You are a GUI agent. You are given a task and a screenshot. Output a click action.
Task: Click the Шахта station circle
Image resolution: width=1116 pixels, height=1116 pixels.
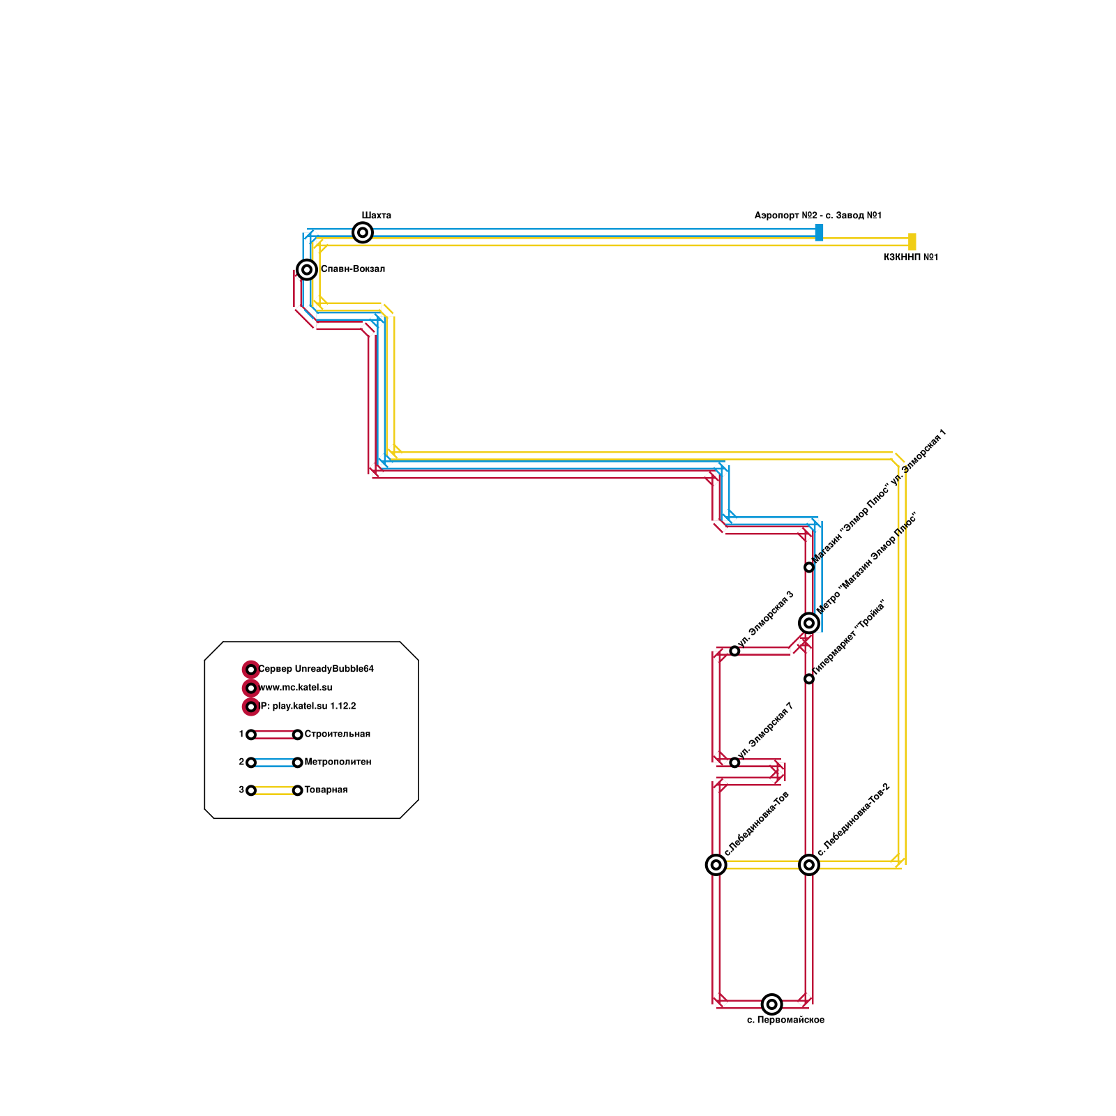tap(363, 232)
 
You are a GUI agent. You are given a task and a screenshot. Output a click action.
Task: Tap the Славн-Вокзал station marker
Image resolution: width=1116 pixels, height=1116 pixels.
tap(307, 269)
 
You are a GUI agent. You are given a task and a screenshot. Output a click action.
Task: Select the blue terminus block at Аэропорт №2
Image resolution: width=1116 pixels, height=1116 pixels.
tap(819, 232)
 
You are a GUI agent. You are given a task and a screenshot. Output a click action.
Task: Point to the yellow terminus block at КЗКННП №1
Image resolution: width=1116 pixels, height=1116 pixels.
tap(912, 241)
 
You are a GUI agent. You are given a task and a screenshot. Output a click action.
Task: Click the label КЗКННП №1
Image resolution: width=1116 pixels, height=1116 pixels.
tap(910, 257)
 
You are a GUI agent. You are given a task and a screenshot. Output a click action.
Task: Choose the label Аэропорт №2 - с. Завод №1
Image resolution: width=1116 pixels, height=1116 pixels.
tap(817, 216)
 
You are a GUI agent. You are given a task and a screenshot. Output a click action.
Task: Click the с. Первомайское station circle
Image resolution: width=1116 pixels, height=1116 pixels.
tap(771, 1004)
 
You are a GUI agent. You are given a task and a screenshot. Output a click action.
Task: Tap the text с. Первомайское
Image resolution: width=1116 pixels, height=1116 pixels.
tap(785, 1020)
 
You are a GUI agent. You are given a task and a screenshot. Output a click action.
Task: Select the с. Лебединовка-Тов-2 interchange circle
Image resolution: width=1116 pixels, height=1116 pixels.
tap(809, 865)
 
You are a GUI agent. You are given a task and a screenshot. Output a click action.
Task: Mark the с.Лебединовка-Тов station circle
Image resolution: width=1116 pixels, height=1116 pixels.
tap(716, 865)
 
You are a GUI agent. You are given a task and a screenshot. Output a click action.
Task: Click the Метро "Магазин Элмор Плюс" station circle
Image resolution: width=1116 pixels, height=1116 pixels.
tap(809, 623)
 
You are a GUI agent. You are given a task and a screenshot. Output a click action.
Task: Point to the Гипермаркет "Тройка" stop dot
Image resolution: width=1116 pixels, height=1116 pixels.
tap(809, 679)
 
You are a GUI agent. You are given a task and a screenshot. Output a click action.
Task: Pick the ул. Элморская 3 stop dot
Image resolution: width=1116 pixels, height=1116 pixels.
tap(734, 651)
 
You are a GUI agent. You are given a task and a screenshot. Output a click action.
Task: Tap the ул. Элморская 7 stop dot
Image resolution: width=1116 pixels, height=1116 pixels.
tap(734, 762)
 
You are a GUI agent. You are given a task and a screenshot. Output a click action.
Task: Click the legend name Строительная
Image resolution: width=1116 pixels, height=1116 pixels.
tap(337, 734)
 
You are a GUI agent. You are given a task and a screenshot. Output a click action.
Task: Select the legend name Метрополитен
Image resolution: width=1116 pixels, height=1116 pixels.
tap(338, 762)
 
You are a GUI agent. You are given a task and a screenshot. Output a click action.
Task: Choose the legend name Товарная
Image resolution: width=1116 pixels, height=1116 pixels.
tap(326, 790)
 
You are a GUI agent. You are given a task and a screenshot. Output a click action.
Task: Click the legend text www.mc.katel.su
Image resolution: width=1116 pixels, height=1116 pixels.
tap(296, 688)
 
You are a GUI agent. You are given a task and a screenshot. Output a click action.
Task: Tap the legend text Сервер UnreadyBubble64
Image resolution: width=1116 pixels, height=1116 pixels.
tap(316, 669)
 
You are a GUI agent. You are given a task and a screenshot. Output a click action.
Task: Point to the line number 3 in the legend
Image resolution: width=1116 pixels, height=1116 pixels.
tap(241, 790)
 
